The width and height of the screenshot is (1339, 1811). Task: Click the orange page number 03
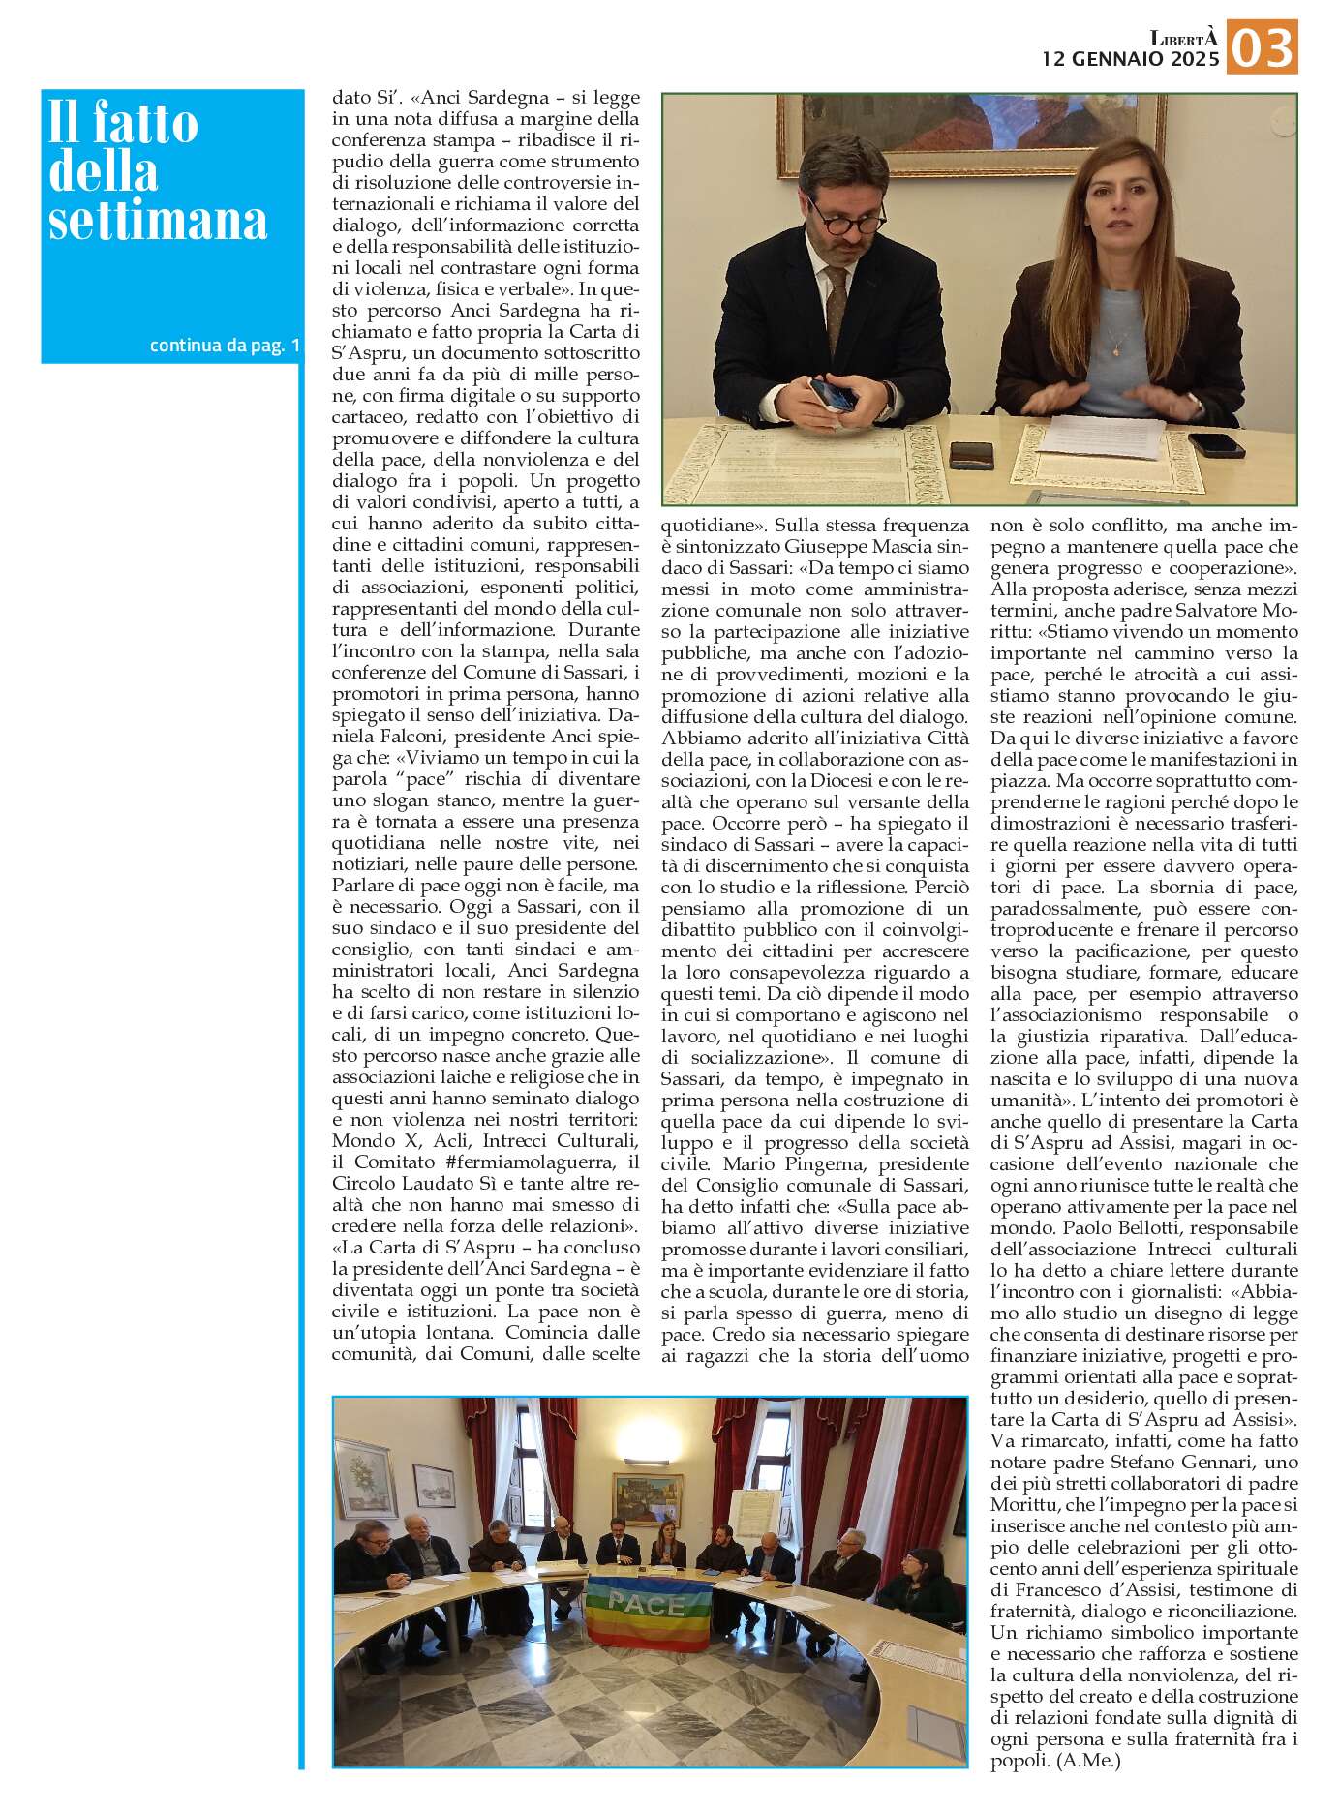coord(1262,47)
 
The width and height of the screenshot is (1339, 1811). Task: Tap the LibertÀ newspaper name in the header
coord(1183,38)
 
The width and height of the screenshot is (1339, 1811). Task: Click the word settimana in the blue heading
coord(158,221)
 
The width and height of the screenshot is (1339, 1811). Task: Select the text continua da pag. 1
coord(225,346)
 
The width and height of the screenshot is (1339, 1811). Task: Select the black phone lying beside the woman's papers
coord(1215,444)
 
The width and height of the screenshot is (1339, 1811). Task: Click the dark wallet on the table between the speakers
coord(971,455)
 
